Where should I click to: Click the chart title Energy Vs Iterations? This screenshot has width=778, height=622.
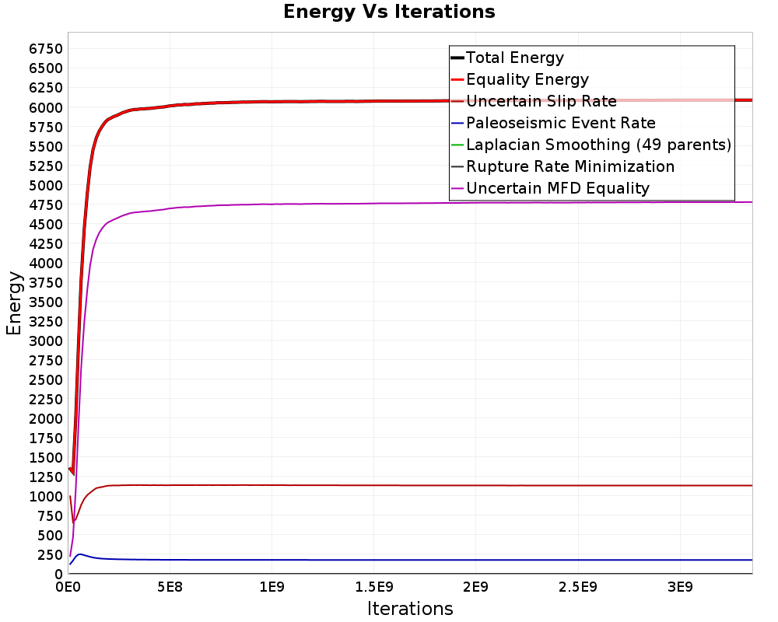point(389,12)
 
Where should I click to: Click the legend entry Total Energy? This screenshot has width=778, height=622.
point(507,58)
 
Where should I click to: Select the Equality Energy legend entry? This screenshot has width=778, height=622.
point(520,79)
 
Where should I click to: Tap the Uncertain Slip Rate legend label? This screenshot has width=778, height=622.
point(541,101)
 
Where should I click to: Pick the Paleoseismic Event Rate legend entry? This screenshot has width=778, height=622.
point(553,123)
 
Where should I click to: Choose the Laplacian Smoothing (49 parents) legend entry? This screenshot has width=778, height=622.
point(591,145)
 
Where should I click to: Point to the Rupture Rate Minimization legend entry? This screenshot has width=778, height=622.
point(562,166)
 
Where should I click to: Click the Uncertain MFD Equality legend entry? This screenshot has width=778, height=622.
point(550,188)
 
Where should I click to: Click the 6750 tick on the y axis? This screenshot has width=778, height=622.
point(46,49)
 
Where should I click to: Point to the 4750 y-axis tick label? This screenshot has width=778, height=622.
point(46,204)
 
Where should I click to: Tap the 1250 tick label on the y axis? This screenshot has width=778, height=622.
point(46,477)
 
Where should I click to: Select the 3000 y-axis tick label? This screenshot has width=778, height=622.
point(46,341)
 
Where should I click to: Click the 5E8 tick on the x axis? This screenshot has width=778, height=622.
point(170,587)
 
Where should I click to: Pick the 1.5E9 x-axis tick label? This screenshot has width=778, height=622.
point(374,587)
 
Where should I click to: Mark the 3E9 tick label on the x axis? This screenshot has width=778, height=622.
point(680,587)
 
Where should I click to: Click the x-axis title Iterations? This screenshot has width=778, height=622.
point(410,608)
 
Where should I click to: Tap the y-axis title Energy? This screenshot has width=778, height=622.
point(14,303)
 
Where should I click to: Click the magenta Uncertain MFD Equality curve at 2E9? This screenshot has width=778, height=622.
point(476,203)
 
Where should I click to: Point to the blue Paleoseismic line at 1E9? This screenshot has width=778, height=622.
point(272,560)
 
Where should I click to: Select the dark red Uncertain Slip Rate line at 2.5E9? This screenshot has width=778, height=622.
point(578,486)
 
